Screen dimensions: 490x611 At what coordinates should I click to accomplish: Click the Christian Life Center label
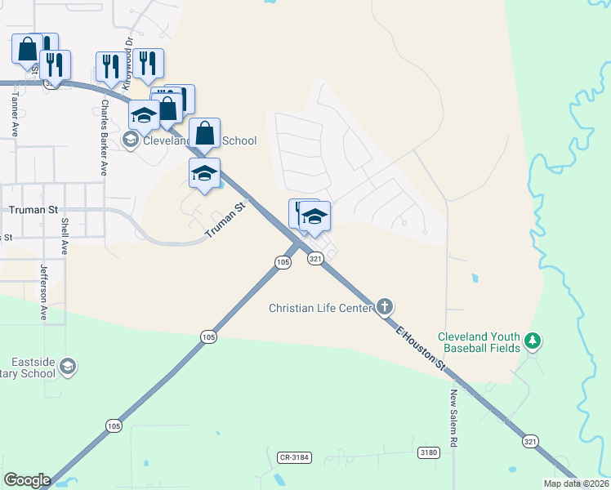pos(322,308)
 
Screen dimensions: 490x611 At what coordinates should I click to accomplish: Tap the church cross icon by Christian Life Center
pos(385,308)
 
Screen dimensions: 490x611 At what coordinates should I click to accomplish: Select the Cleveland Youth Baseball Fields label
pos(479,342)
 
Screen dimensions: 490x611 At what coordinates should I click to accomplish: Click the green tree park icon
pos(533,339)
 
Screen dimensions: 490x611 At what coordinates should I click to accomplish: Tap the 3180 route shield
pos(428,452)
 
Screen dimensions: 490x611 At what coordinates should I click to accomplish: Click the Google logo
pos(27,479)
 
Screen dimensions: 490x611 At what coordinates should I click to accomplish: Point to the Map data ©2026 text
pos(574,483)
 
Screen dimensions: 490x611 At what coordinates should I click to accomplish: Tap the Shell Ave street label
pos(64,236)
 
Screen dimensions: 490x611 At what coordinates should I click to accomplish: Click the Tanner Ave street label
pos(14,110)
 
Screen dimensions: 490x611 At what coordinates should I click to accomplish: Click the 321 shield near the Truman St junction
pos(316,258)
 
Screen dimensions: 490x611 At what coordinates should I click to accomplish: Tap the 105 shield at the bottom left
pos(114,425)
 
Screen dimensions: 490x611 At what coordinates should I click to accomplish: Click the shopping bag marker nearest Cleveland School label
pos(205,133)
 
